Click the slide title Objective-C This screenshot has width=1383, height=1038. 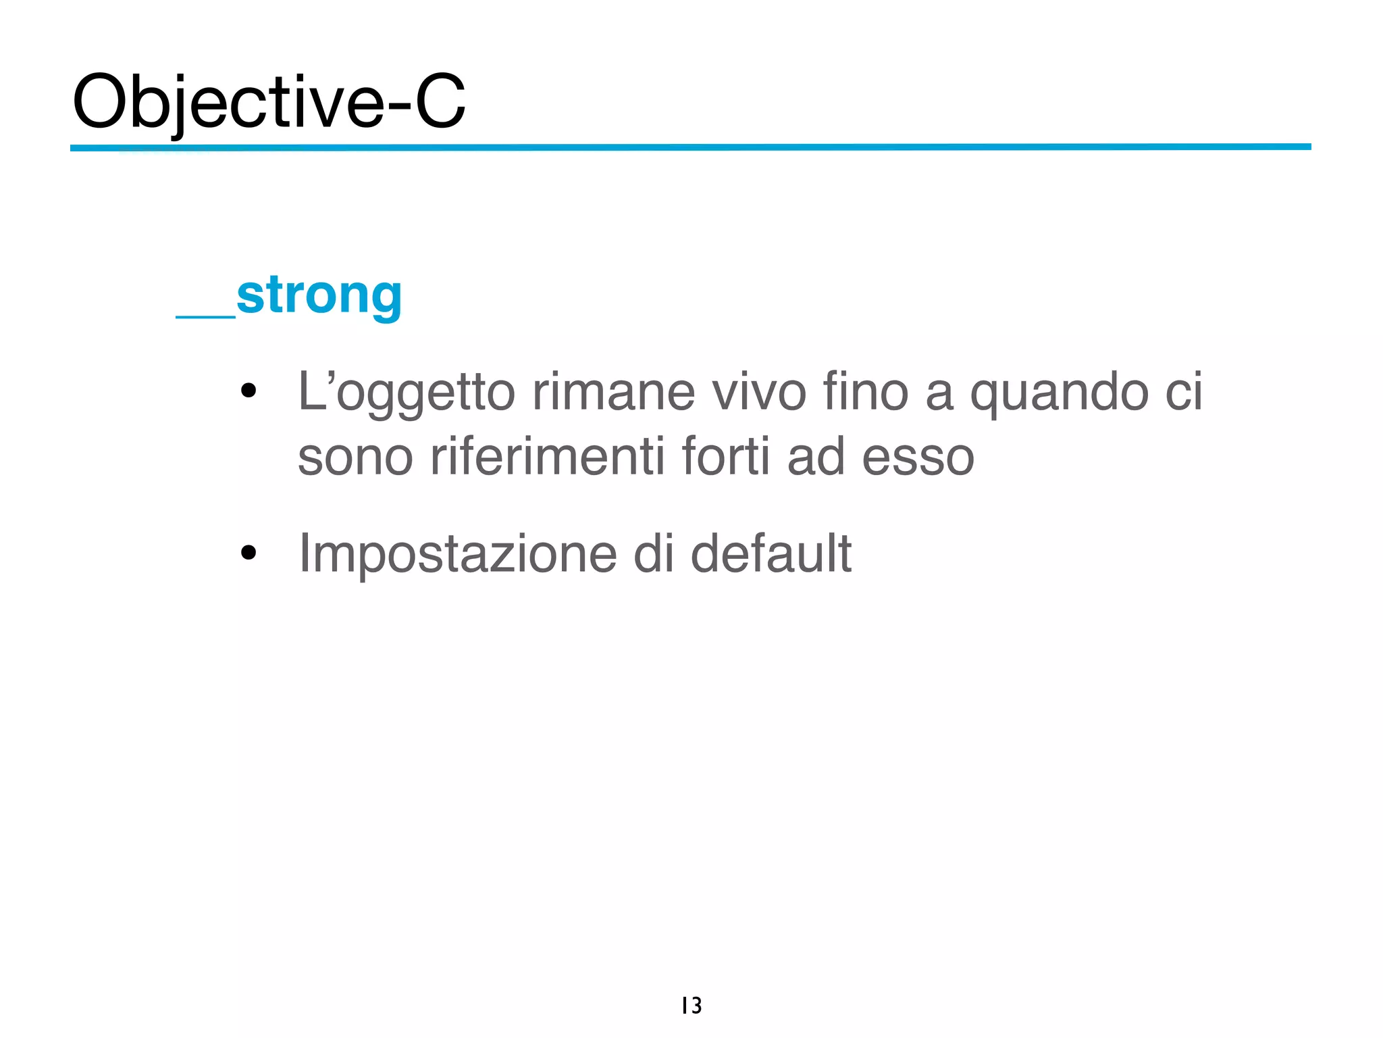tap(269, 103)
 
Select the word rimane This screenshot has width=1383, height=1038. tap(613, 393)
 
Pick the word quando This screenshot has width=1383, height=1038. tap(1059, 393)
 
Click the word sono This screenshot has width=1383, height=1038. tap(355, 458)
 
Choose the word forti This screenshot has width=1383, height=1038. tap(726, 458)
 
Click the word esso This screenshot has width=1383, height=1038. tap(918, 458)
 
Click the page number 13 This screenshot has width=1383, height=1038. tap(691, 1006)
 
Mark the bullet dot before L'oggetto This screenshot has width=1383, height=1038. tap(249, 391)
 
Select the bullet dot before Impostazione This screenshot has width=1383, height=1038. tap(249, 553)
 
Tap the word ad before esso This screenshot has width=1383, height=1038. tap(816, 458)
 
